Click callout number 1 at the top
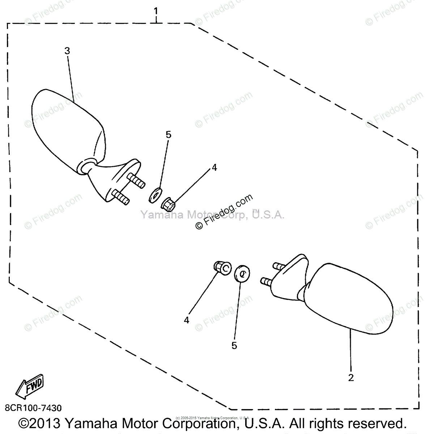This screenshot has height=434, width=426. (156, 11)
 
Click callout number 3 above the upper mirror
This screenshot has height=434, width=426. (67, 51)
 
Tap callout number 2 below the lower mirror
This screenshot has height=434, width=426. (350, 378)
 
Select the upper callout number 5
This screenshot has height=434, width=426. (169, 135)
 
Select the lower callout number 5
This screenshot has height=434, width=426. (234, 346)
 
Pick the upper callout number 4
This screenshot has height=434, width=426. (214, 167)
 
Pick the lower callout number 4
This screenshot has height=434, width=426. (187, 320)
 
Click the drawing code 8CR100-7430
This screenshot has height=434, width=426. (33, 408)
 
